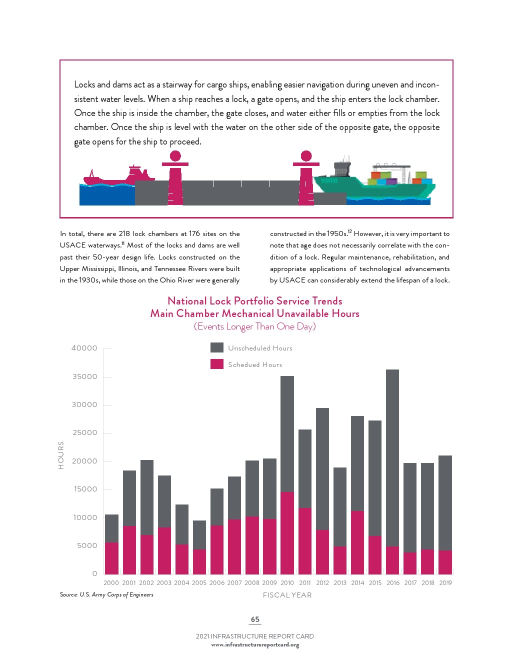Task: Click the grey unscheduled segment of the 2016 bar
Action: (x=392, y=457)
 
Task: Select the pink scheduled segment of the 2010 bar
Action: (x=287, y=532)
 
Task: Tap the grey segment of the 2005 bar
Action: (x=199, y=535)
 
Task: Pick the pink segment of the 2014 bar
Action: (x=357, y=542)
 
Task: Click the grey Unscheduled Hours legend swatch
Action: (x=217, y=347)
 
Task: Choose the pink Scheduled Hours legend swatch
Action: (x=217, y=364)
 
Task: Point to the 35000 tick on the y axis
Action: (x=84, y=376)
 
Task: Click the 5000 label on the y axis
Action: (x=87, y=545)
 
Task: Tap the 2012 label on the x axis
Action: (x=322, y=582)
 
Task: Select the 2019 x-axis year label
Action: (x=445, y=582)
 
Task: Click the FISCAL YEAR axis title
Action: (x=287, y=595)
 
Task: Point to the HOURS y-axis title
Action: (x=61, y=455)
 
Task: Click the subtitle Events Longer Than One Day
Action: (x=255, y=326)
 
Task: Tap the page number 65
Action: (x=255, y=619)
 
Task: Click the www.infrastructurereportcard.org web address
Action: (x=255, y=645)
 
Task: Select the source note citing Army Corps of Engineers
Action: (x=106, y=594)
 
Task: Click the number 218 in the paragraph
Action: (x=124, y=233)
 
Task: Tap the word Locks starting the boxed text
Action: (x=84, y=84)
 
